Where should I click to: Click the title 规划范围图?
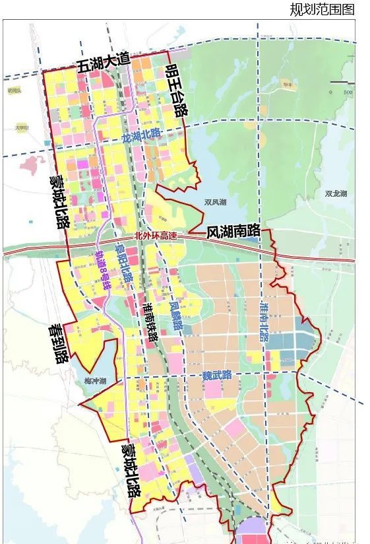tap(322, 9)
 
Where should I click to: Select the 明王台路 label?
tap(176, 90)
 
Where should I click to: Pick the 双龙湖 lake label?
tap(336, 194)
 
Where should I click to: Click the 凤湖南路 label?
tap(233, 232)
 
